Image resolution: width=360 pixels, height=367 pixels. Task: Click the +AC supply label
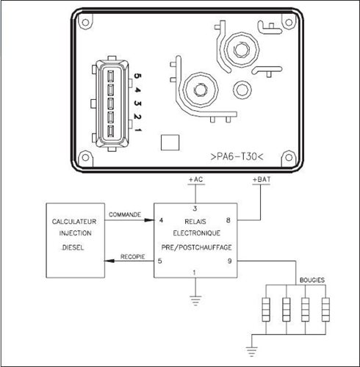196,180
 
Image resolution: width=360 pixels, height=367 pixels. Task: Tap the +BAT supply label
262,180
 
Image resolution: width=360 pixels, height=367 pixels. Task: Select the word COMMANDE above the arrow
125,214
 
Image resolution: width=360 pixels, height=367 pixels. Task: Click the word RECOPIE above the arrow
132,257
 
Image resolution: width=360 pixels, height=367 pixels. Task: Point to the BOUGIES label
312,280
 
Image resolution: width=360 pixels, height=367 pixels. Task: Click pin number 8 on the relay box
228,220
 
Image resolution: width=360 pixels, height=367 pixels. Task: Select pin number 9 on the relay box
229,261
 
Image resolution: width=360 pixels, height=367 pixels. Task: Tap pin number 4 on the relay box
161,220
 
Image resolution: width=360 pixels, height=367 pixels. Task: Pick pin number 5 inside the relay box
160,261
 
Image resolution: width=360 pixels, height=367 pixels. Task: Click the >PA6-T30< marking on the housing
237,156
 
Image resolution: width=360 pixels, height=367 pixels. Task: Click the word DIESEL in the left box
73,247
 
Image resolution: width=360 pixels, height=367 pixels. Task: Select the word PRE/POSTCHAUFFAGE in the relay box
196,247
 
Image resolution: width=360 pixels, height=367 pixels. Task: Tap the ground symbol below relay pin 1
195,301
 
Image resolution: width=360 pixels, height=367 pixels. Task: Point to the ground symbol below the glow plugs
252,352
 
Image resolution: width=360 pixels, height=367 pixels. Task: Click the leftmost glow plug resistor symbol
266,310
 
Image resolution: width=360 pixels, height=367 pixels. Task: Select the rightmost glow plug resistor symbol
325,310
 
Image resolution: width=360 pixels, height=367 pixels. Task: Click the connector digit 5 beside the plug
138,76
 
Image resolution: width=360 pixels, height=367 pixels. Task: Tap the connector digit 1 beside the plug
138,129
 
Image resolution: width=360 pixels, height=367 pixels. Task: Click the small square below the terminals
170,142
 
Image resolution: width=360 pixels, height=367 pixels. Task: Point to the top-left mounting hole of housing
85,23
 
